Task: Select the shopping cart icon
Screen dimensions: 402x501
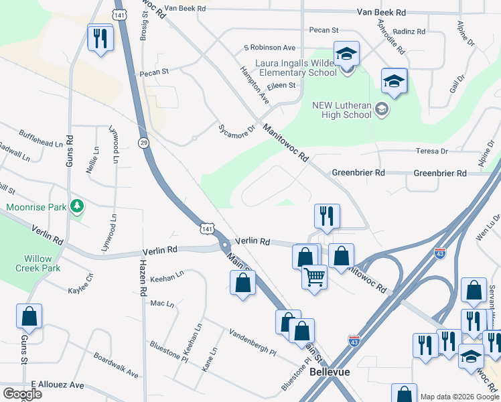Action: pyautogui.click(x=314, y=276)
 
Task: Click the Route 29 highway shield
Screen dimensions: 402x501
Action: pyautogui.click(x=143, y=143)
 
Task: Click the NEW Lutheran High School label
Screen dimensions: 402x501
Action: pyautogui.click(x=342, y=110)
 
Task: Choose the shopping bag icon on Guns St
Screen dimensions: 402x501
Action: pyautogui.click(x=29, y=316)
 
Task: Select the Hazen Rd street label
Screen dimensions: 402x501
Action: pyautogui.click(x=143, y=278)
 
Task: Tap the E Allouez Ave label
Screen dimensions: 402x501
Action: pyautogui.click(x=57, y=385)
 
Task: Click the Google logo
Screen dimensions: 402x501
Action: pyautogui.click(x=22, y=394)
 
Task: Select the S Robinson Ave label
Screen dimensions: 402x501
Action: pyautogui.click(x=269, y=48)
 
